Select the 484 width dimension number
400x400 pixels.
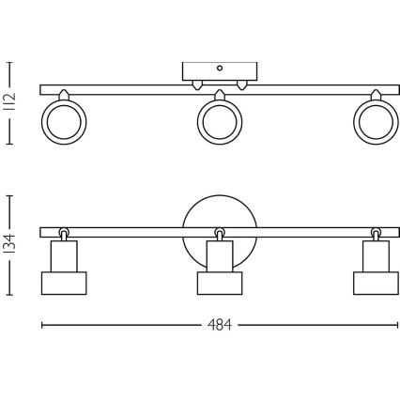218,327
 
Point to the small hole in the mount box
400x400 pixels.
219,68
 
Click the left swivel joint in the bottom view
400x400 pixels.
64,232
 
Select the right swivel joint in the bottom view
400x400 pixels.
375,232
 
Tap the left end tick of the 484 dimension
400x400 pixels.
41,327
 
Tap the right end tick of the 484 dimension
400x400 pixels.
394,327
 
